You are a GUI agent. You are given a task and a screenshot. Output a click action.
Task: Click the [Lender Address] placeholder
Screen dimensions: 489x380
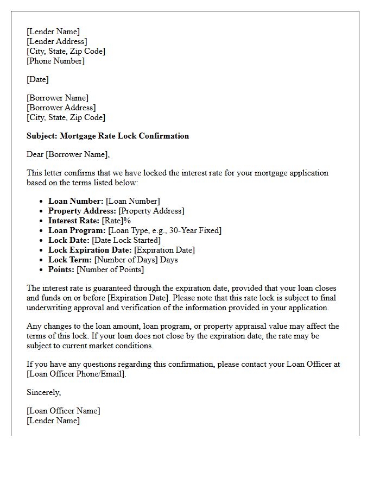coord(56,41)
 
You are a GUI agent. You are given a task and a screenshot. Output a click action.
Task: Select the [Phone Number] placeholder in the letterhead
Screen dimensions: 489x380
coord(55,61)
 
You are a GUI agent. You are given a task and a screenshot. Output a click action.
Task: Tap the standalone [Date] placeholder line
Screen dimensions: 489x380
coord(37,79)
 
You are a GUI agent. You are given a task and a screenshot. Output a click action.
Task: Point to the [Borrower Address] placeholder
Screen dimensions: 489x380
coord(61,108)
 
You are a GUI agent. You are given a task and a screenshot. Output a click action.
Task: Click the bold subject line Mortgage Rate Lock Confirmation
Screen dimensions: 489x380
coord(107,136)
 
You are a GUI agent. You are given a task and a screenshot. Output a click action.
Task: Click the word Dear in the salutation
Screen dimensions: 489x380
coord(35,154)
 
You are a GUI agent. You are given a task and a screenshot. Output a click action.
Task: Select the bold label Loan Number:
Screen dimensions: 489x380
coord(76,201)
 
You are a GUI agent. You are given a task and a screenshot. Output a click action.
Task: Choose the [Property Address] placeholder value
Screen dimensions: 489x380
coord(151,211)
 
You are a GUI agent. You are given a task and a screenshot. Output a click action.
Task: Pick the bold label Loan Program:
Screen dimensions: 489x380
coord(77,230)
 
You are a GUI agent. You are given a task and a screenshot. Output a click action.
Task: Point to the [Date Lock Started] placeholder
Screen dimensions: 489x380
coord(126,240)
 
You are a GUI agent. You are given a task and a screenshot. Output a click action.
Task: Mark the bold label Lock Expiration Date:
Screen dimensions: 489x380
coord(90,250)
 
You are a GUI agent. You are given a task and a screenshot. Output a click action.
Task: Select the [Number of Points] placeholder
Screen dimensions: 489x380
coord(110,269)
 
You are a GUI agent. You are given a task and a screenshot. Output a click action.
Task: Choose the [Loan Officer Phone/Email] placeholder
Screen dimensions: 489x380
coord(76,374)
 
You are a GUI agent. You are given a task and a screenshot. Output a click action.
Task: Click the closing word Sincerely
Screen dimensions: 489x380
coord(43,392)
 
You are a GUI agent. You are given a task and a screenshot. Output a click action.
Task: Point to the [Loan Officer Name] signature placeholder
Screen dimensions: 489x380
coord(64,411)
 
